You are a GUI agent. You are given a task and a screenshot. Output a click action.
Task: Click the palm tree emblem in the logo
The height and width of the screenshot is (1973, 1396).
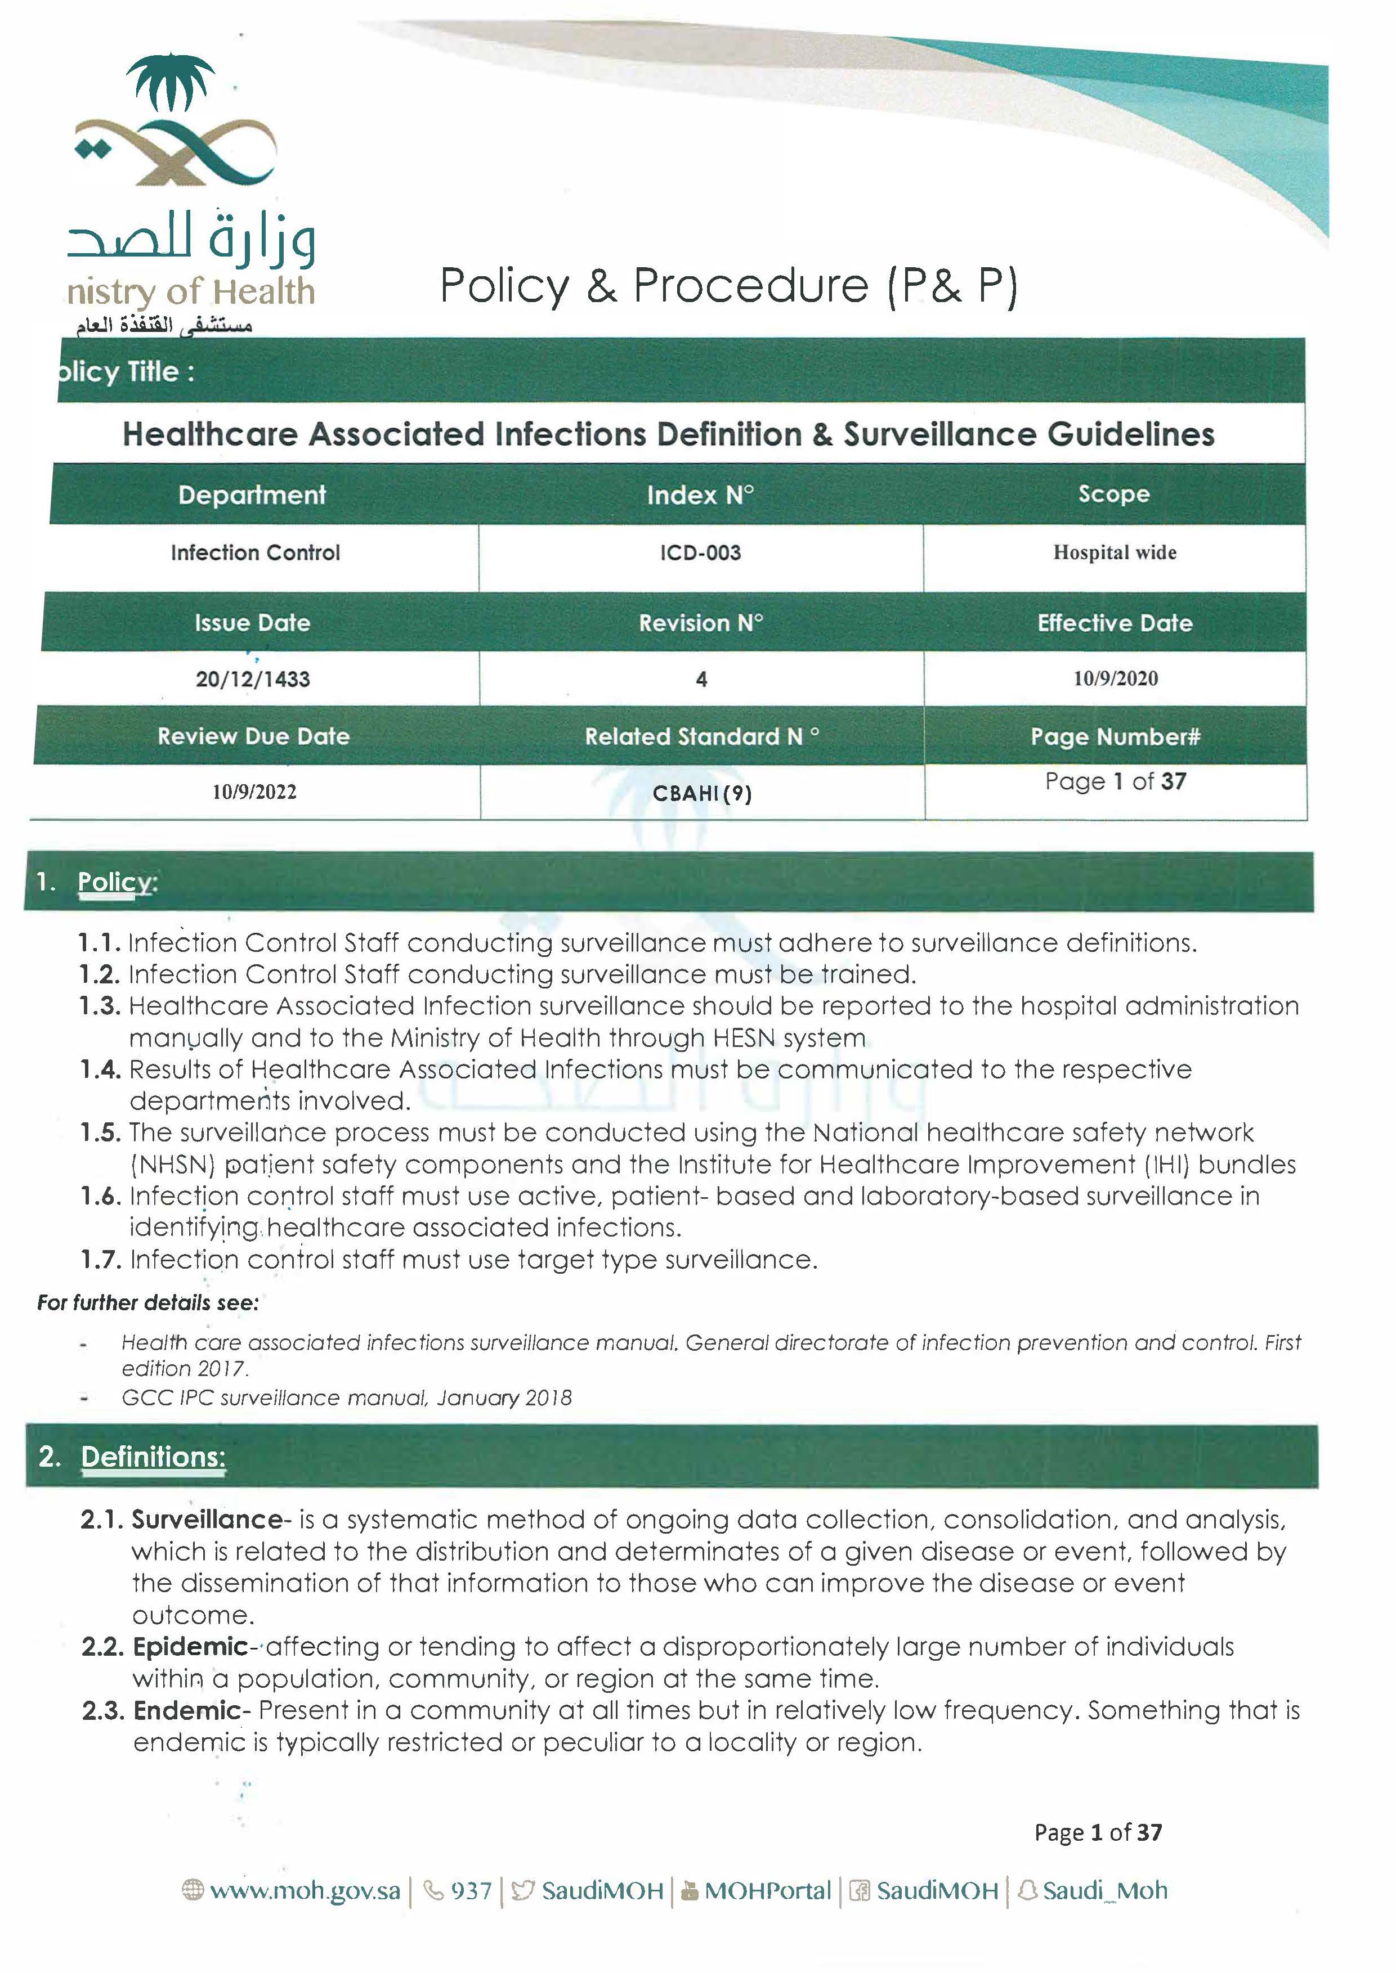170,83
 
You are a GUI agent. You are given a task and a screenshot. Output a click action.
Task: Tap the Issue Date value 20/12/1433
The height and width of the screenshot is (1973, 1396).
253,679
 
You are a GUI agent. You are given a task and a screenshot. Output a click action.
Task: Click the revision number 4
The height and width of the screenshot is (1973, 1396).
701,680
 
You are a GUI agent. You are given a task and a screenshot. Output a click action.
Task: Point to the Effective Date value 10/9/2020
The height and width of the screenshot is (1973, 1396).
1115,678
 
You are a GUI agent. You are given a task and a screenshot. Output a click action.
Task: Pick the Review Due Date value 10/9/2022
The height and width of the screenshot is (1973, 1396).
254,792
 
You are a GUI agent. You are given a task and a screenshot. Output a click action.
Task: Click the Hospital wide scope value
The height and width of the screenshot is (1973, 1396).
1115,552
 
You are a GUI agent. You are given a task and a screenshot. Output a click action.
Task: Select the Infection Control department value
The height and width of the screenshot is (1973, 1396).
256,552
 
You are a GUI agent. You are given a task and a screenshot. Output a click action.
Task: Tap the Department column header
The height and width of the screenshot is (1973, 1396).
252,495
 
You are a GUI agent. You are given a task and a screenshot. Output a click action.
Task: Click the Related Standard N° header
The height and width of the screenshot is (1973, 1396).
701,736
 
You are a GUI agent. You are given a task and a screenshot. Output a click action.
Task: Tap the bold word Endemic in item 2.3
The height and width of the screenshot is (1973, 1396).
187,1710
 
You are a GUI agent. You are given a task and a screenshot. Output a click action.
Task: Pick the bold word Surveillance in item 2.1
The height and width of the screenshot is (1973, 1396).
207,1520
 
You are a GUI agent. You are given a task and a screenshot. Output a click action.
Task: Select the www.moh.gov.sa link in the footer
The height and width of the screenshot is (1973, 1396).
305,1890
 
